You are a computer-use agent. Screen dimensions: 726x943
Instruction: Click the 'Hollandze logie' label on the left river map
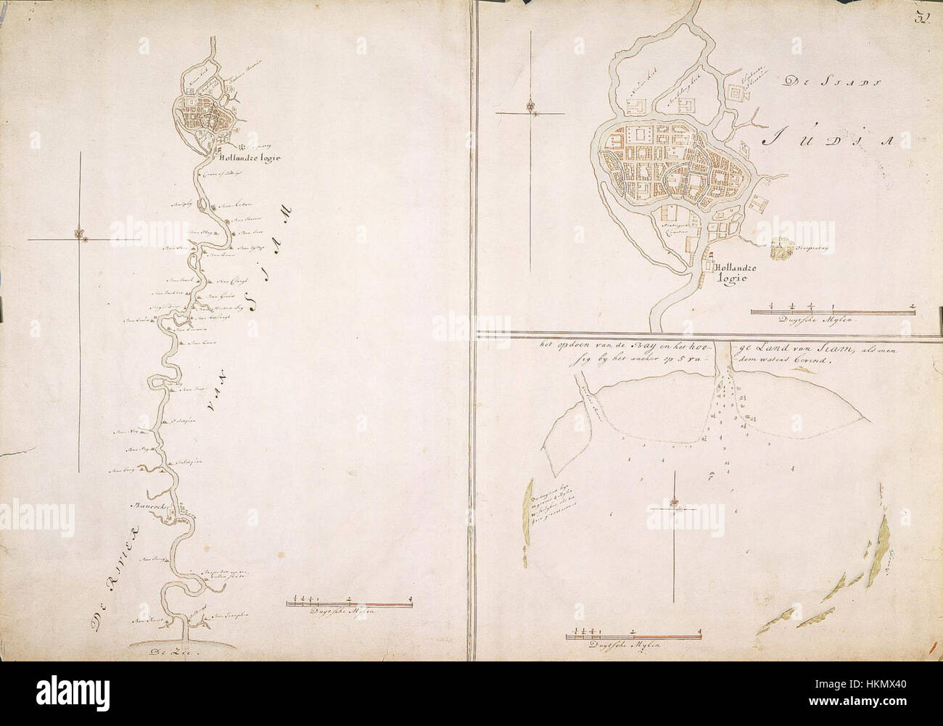247,157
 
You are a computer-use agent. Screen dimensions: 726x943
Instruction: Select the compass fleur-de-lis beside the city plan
531,104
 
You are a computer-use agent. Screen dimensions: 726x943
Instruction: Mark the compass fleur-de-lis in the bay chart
675,503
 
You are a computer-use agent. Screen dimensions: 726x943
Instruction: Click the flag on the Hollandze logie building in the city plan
711,253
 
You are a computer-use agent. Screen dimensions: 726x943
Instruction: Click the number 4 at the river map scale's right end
411,598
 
